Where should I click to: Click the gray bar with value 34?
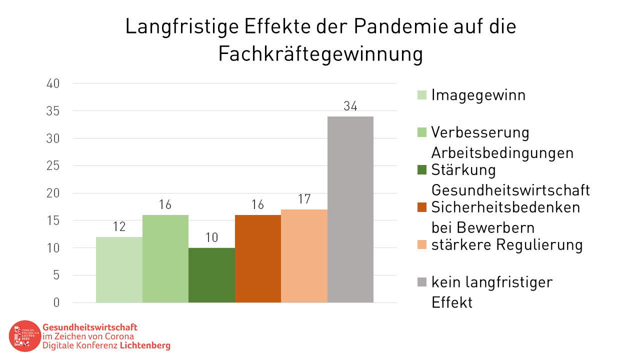(350, 209)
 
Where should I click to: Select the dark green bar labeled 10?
(211, 275)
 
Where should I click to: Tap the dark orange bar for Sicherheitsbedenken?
(257, 258)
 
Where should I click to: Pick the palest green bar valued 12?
(119, 269)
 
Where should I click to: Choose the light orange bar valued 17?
(304, 256)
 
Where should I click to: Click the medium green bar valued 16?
(165, 258)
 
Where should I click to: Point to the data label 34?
(350, 106)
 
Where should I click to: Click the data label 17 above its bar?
(304, 199)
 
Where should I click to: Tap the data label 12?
(119, 227)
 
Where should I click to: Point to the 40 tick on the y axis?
(53, 84)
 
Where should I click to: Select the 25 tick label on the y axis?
(53, 166)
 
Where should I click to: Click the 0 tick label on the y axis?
(56, 302)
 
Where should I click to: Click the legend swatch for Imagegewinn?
(421, 95)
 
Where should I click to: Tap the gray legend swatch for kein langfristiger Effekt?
(421, 282)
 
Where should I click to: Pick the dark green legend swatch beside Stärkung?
(421, 170)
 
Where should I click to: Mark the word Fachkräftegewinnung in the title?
(320, 54)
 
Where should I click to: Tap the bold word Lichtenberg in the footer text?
(145, 345)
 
